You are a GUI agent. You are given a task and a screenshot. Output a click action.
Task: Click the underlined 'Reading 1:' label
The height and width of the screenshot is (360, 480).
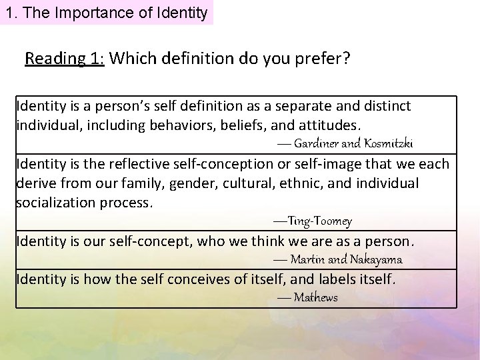tap(65, 59)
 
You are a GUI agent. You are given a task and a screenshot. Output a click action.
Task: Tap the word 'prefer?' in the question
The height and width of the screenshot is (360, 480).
tap(327, 59)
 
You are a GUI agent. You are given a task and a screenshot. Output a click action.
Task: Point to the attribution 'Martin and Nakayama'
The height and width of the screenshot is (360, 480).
tap(346, 259)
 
